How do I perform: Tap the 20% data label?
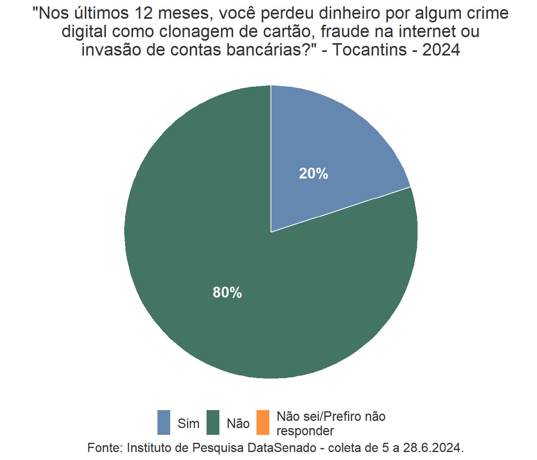[x=314, y=174]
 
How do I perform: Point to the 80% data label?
[x=227, y=293]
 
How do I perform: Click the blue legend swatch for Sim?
[x=164, y=422]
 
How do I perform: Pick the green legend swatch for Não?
[x=213, y=422]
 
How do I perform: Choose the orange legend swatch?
[x=263, y=422]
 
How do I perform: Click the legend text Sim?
[x=188, y=423]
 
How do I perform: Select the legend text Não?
[x=238, y=423]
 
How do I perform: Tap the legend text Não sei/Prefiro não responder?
[x=331, y=424]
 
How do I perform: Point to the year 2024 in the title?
[x=441, y=50]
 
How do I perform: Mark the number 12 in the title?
[x=143, y=13]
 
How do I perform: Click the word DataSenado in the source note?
[x=282, y=448]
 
